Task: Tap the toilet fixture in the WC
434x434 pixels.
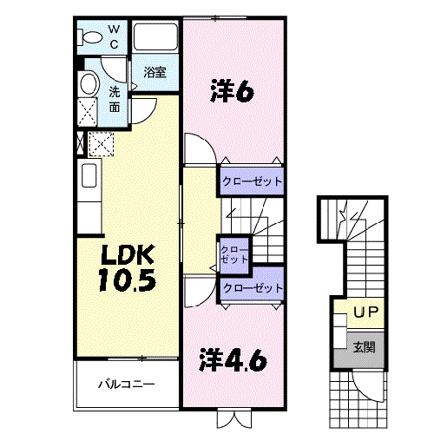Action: tap(89, 36)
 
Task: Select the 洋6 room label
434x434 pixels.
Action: tap(232, 91)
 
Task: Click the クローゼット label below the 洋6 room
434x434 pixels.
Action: tap(253, 181)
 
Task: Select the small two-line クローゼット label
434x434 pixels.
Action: tap(234, 253)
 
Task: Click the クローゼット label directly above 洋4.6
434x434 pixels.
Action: tap(253, 288)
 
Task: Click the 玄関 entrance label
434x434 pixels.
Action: tap(363, 347)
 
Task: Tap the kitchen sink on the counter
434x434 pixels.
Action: tap(90, 176)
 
